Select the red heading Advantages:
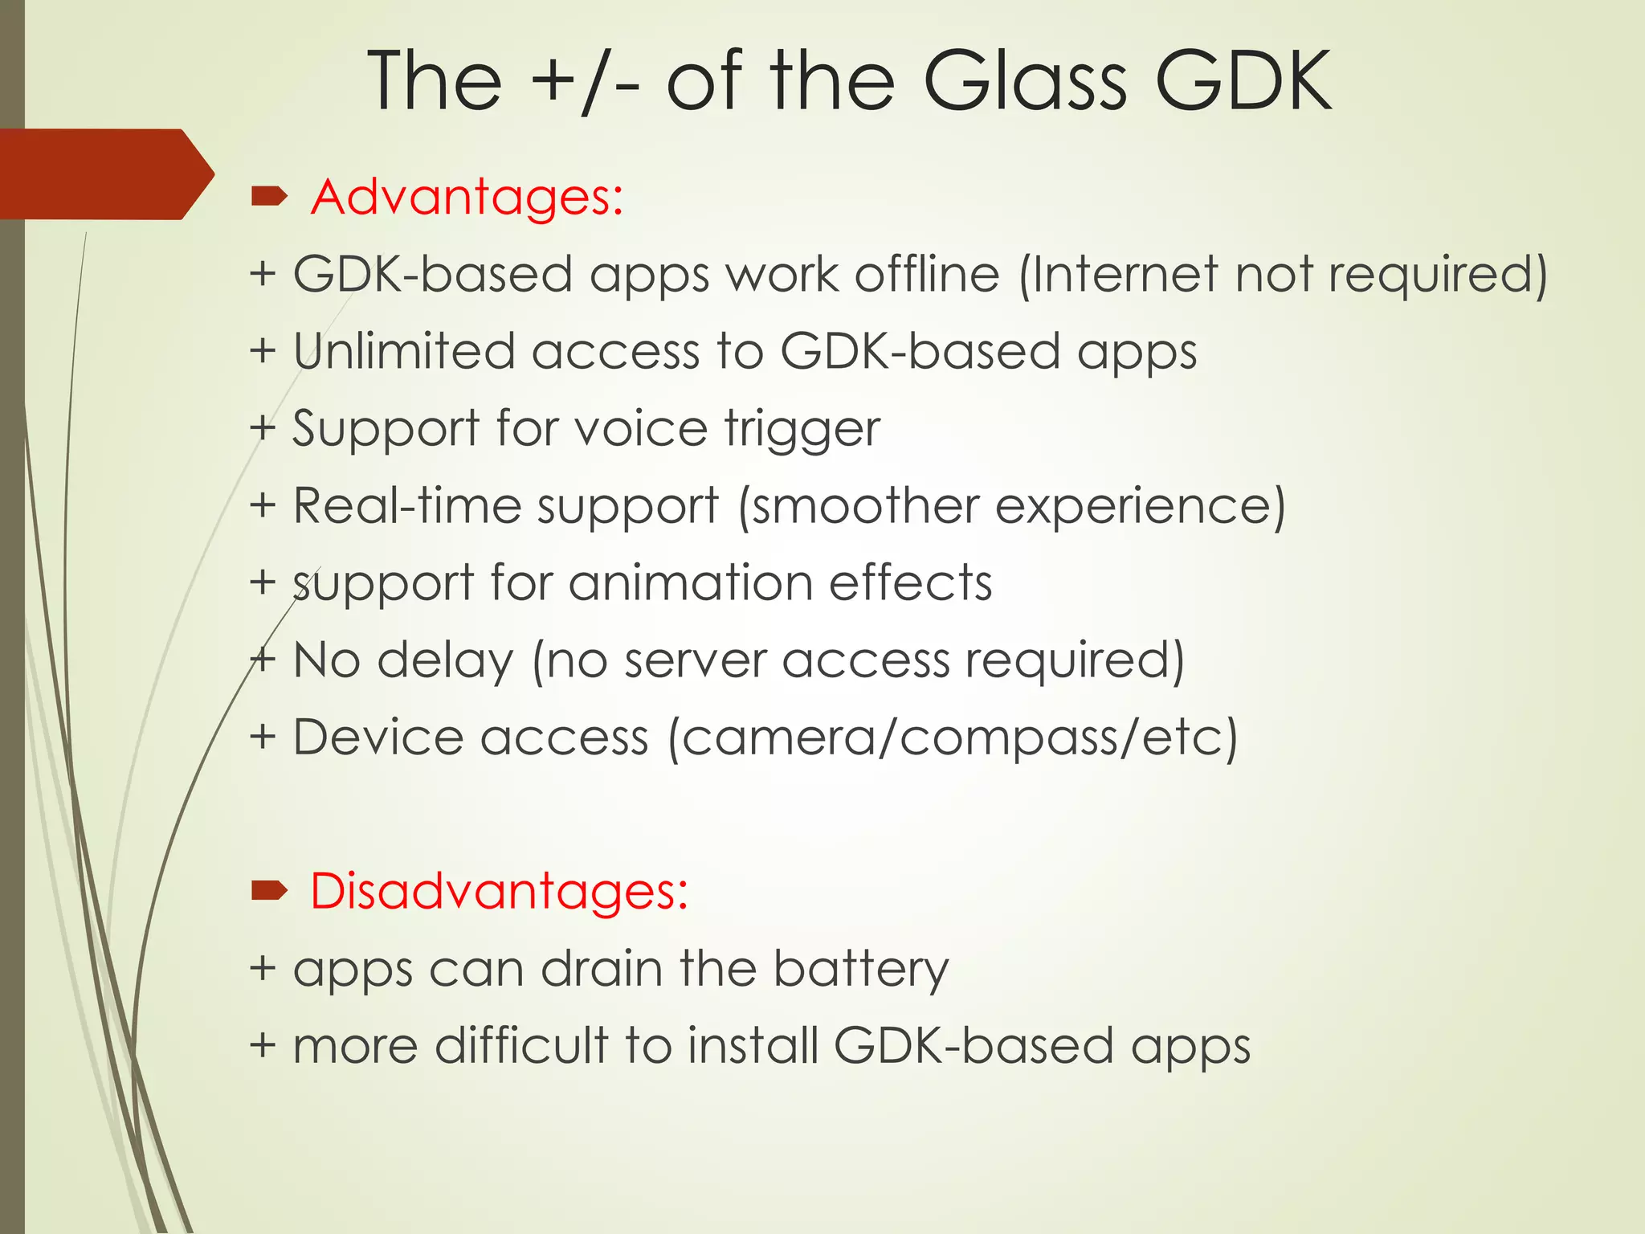coord(467,197)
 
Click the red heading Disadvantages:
coord(499,891)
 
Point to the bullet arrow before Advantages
coord(269,195)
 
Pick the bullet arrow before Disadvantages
coord(269,890)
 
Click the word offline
coord(926,274)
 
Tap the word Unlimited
coord(403,351)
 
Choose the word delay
coord(444,660)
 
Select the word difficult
coord(521,1046)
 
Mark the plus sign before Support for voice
coord(263,427)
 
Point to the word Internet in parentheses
coord(1125,274)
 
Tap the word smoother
coord(863,506)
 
